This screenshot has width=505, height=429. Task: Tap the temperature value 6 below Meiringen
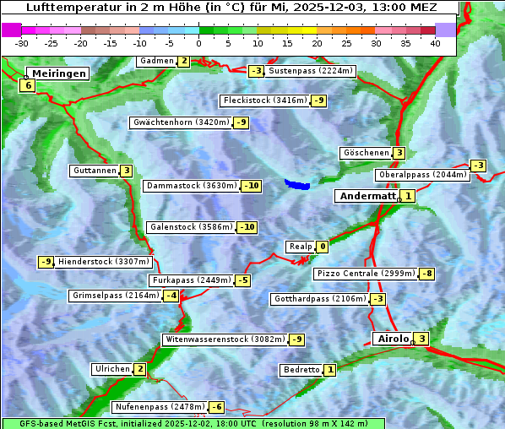pos(28,85)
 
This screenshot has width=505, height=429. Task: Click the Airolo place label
pos(392,339)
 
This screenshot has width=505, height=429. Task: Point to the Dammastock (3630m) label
pos(191,186)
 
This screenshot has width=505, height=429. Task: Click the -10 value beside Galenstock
pos(247,227)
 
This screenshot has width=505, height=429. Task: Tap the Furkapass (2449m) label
pos(191,280)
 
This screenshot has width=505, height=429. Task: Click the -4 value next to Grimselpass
pos(171,296)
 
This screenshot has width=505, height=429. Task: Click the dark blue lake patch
pos(297,183)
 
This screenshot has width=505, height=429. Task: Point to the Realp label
pos(300,247)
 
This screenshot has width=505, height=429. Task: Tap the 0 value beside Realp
pos(323,247)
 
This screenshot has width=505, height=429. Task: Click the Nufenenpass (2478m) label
pos(160,407)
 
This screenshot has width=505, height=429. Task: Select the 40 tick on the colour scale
pos(435,43)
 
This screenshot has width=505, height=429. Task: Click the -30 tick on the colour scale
pos(22,43)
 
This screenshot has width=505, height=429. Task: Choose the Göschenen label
pos(365,153)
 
